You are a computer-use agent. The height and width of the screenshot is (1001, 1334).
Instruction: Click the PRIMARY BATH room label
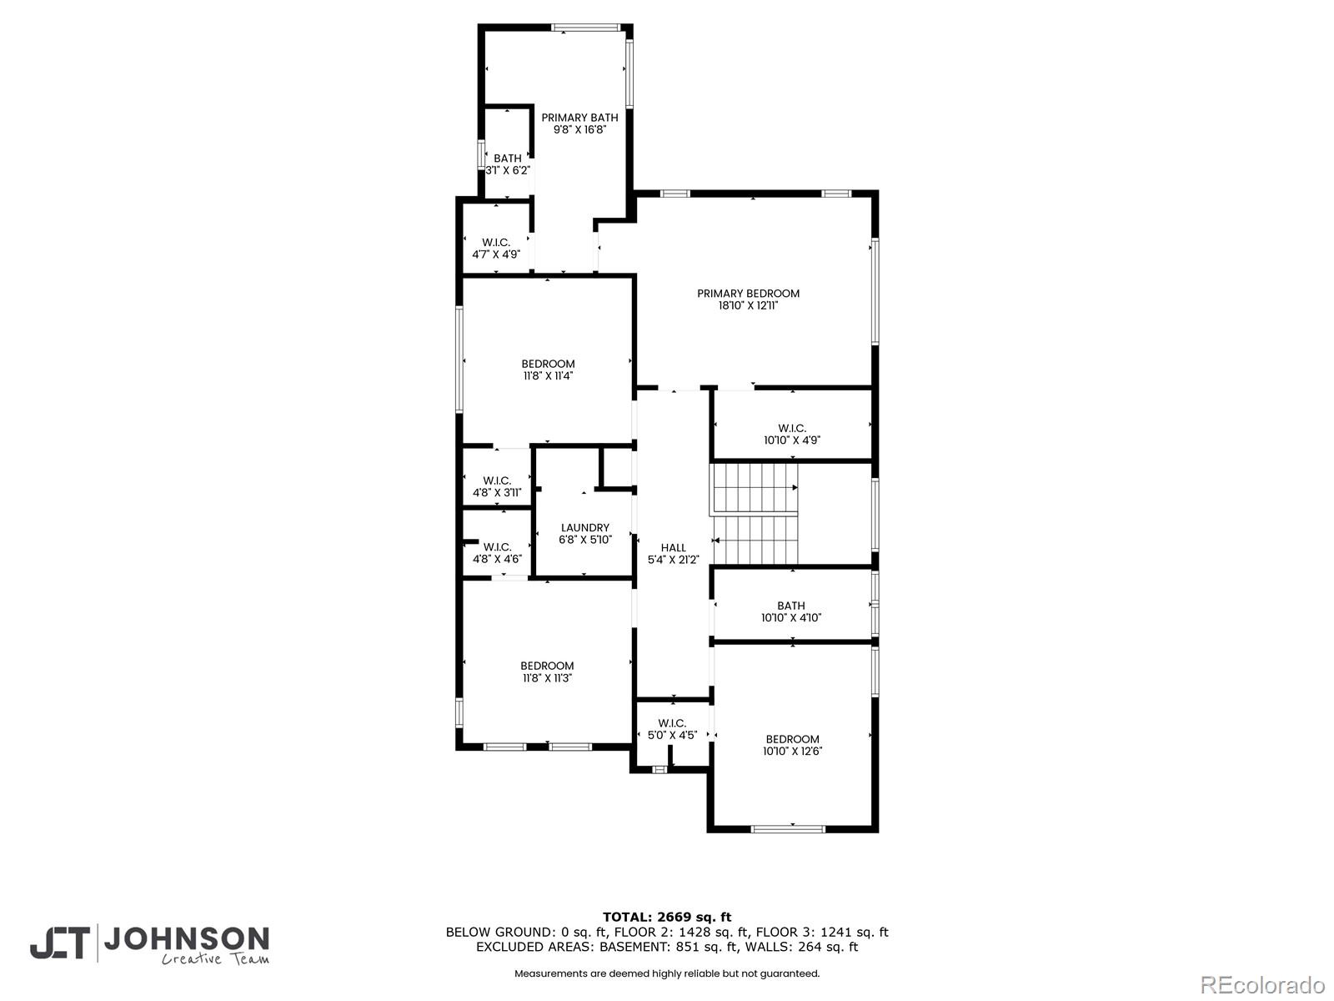point(579,118)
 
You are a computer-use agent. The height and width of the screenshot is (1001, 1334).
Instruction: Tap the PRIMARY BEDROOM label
point(748,293)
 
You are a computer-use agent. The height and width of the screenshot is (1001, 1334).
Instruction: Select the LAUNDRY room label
point(584,527)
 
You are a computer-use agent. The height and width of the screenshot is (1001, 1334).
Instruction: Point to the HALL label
point(673,548)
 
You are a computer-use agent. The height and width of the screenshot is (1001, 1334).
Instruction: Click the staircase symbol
point(755,514)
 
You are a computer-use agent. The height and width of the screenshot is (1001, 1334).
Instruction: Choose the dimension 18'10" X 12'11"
point(748,306)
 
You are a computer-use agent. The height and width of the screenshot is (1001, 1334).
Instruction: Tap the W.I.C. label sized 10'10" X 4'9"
point(792,428)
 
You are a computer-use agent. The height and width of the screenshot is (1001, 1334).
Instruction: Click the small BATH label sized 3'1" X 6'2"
point(507,158)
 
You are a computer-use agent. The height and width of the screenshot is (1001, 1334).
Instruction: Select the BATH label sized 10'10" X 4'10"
point(791,606)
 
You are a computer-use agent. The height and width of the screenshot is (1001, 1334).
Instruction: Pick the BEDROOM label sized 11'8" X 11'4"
point(548,364)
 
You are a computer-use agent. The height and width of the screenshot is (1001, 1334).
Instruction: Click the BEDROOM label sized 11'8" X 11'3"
point(547,666)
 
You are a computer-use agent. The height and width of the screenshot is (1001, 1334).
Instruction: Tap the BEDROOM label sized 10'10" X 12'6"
point(792,739)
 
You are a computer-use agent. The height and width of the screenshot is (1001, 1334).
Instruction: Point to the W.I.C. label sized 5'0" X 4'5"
point(672,723)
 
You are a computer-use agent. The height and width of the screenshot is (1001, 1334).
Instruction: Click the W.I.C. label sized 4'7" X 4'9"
point(496,242)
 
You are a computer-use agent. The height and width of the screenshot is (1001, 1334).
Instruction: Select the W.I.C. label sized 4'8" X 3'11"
point(497,480)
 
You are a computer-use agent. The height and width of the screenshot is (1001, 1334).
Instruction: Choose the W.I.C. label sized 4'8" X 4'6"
point(497,547)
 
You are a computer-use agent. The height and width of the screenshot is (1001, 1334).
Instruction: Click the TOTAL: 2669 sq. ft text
point(667,917)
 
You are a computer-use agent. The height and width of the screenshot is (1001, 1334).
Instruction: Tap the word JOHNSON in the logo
point(186,939)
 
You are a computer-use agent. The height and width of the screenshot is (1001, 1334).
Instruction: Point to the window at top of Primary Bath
point(584,28)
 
